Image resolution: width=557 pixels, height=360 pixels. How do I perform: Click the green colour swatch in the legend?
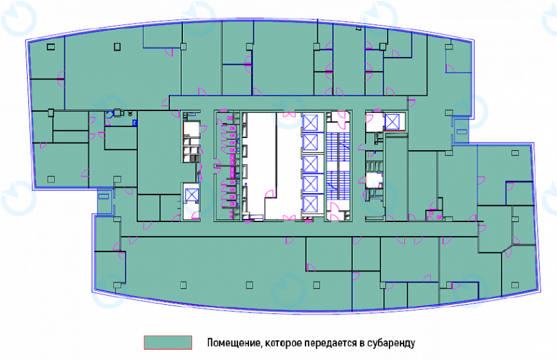[x=167, y=342]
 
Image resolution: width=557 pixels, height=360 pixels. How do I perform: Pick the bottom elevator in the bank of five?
[x=311, y=204]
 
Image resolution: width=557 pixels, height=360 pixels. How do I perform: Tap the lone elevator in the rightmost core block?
[x=392, y=122]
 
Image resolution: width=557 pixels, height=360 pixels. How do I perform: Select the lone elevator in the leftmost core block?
[x=192, y=194]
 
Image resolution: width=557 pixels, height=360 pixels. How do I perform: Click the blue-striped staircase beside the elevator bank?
[x=338, y=166]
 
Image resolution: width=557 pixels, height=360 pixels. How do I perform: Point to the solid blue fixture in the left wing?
[x=135, y=123]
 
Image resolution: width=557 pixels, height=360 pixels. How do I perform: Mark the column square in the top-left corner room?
[x=51, y=47]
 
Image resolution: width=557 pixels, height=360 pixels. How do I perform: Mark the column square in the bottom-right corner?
[x=515, y=285]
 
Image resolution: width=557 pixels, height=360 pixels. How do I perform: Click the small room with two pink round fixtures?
[x=434, y=214]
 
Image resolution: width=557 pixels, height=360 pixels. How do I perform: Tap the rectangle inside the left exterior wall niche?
[x=104, y=196]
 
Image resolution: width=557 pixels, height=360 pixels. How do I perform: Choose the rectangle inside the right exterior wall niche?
[x=461, y=132]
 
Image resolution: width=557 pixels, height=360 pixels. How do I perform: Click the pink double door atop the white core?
[x=289, y=114]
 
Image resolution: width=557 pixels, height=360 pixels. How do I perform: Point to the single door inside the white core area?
[x=270, y=194]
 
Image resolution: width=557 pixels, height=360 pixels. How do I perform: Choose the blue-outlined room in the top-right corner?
[x=459, y=58]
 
